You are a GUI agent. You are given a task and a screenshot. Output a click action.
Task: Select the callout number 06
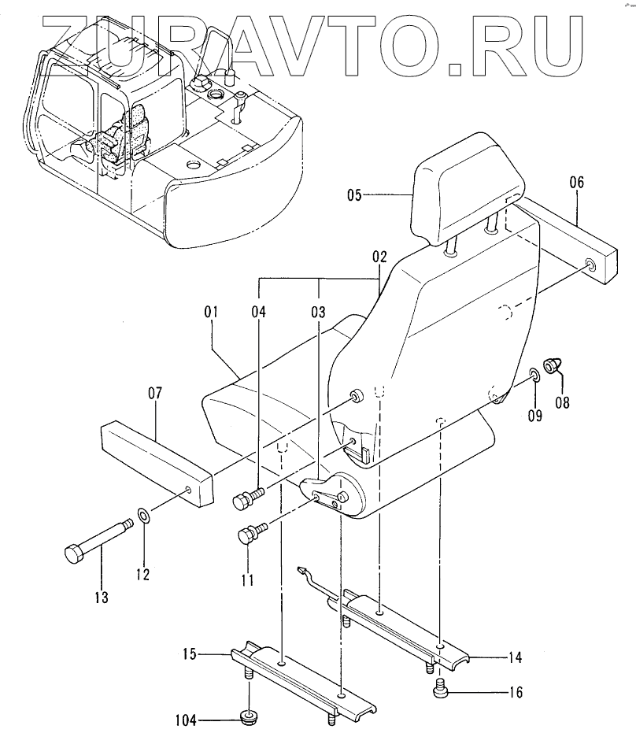[576, 182]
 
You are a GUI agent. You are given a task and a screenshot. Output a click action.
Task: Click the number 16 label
[514, 694]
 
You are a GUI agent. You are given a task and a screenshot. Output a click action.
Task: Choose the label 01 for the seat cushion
[210, 313]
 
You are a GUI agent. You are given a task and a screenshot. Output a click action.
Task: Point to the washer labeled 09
[533, 373]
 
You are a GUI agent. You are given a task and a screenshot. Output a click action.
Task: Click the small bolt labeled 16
[442, 690]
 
